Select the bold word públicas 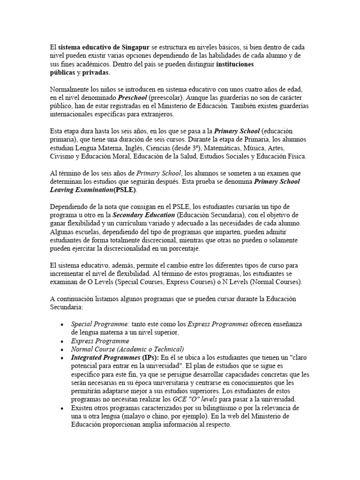(x=62, y=73)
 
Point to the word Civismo (x=62, y=156)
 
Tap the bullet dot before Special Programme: (x=63, y=324)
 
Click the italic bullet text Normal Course (x=96, y=349)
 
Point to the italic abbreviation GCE (x=193, y=399)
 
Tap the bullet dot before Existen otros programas (x=63, y=408)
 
